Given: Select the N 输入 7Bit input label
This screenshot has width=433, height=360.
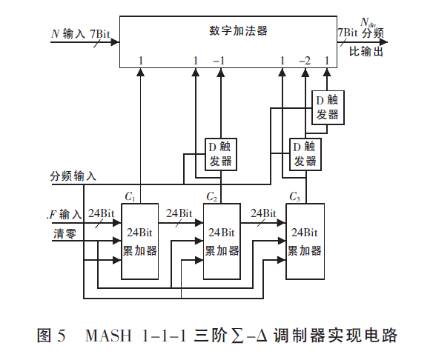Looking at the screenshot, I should coord(79,33).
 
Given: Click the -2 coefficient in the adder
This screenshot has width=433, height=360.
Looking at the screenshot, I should coord(304,59).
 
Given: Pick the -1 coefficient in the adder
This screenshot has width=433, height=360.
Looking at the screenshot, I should coord(219,59).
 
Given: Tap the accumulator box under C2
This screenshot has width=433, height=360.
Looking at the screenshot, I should coord(222,241).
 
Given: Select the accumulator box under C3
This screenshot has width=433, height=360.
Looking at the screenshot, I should coord(305,241).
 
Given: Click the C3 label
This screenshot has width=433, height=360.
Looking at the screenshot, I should coord(295,197).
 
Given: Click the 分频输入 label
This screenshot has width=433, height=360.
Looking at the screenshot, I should coord(73,177).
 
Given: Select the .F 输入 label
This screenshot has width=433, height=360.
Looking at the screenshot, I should coord(65,215).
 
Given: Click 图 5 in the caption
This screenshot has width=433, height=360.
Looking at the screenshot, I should coord(51,335).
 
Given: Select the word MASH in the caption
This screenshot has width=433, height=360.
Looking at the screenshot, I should coord(107,335).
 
